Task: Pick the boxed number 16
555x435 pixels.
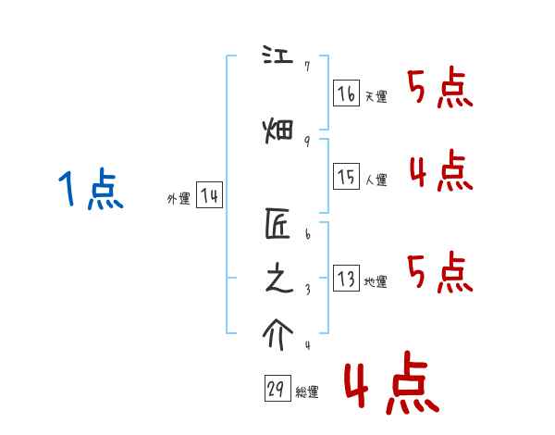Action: click(346, 93)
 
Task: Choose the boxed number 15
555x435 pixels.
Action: click(346, 177)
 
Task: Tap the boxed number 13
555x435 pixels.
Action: click(346, 279)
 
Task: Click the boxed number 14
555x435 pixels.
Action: click(209, 195)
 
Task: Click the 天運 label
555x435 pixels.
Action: click(376, 97)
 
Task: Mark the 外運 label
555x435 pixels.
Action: click(179, 199)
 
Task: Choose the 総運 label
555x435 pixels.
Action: click(307, 392)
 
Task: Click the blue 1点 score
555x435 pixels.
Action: click(90, 192)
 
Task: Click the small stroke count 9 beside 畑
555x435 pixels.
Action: click(306, 141)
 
